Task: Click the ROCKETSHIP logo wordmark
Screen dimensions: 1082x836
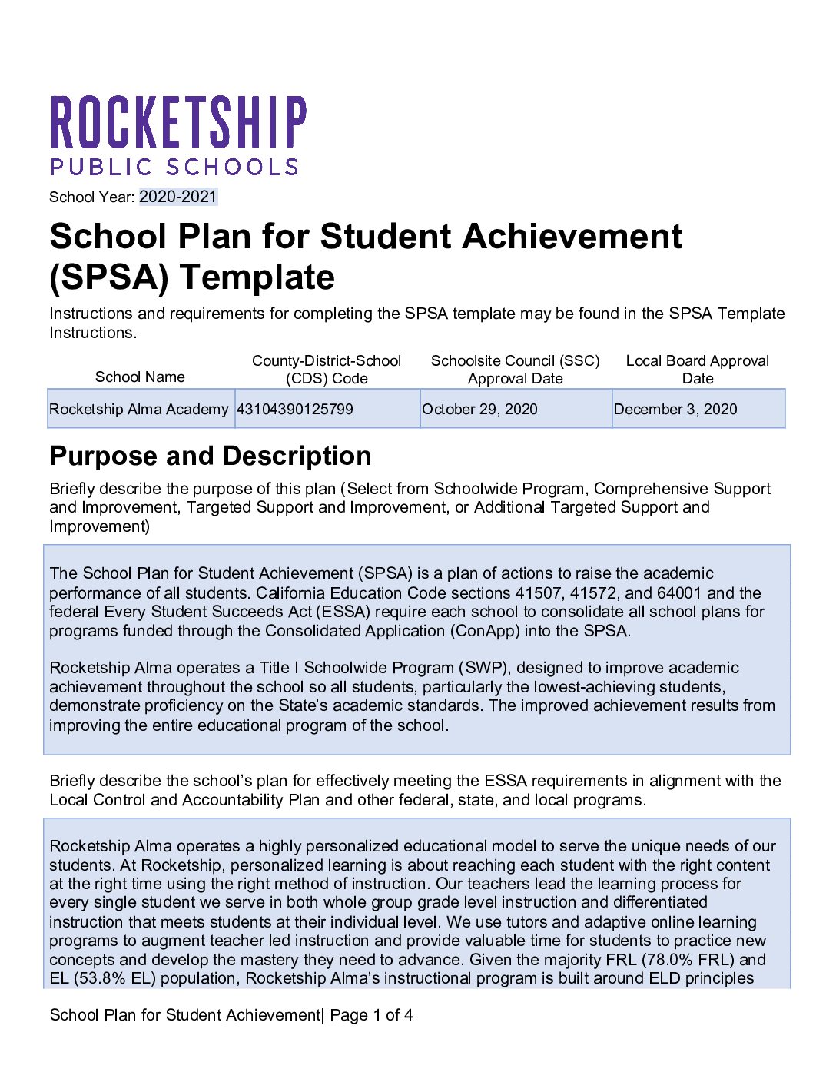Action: point(178,122)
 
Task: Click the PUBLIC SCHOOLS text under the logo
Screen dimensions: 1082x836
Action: point(174,167)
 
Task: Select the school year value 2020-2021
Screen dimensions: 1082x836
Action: point(178,197)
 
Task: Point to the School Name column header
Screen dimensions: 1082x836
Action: point(140,377)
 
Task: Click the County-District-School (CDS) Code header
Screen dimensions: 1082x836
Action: point(327,370)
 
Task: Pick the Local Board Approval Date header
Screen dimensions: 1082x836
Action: point(697,370)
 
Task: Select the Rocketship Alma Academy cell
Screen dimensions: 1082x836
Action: point(139,409)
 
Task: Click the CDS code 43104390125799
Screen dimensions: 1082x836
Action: point(295,409)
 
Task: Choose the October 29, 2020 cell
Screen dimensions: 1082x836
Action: point(480,409)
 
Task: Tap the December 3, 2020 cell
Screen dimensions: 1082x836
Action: point(675,409)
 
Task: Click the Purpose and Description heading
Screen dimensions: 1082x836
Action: point(211,456)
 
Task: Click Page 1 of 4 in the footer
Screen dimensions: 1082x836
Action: point(371,1015)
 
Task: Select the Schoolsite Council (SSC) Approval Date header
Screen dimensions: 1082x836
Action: point(515,370)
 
